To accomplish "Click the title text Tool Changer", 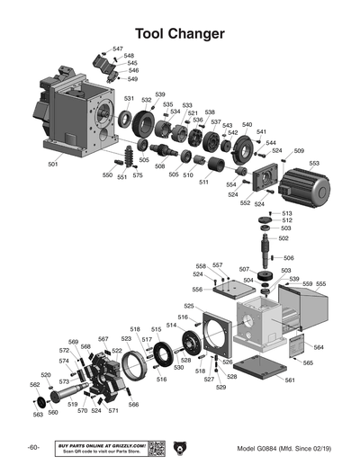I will pyautogui.click(x=179, y=34).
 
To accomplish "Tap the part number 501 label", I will pyautogui.click(x=52, y=165).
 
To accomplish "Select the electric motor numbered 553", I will pyautogui.click(x=302, y=190).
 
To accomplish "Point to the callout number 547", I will pyautogui.click(x=118, y=49).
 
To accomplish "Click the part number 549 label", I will pyautogui.click(x=132, y=79).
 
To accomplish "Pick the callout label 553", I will pyautogui.click(x=314, y=163).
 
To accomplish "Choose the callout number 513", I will pyautogui.click(x=287, y=213).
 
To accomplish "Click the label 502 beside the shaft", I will pyautogui.click(x=283, y=238).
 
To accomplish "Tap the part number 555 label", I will pyautogui.click(x=320, y=284).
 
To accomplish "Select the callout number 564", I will pyautogui.click(x=319, y=347).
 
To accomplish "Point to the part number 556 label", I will pyautogui.click(x=197, y=290).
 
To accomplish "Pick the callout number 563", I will pyautogui.click(x=38, y=415).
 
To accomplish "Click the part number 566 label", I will pyautogui.click(x=133, y=404).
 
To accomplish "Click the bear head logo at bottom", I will pyautogui.click(x=187, y=447).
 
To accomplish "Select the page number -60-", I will pyautogui.click(x=32, y=448).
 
